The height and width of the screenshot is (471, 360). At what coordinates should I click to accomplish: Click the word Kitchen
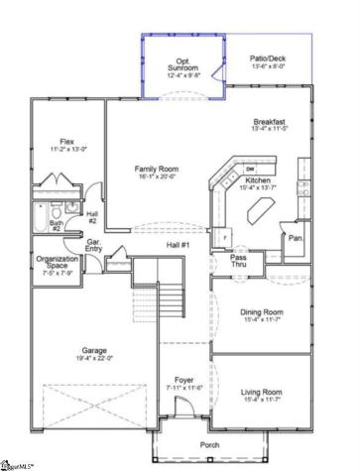click(259, 181)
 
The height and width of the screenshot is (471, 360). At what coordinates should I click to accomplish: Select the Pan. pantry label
click(295, 239)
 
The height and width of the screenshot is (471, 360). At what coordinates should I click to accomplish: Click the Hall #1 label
click(178, 244)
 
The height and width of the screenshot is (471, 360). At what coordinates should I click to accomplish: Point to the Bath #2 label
click(58, 224)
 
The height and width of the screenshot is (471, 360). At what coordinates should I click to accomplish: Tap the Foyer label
click(185, 380)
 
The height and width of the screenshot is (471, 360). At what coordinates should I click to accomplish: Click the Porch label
click(209, 444)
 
